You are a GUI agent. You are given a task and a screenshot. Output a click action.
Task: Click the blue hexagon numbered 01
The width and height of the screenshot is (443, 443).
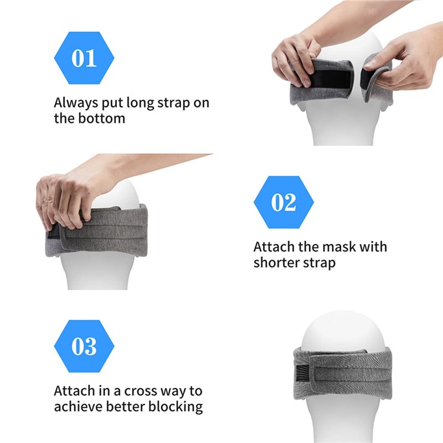[84, 58]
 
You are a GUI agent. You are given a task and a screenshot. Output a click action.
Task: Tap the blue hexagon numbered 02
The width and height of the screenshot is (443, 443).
[284, 202]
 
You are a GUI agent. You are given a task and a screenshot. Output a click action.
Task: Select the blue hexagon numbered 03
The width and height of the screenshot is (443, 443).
[84, 346]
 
